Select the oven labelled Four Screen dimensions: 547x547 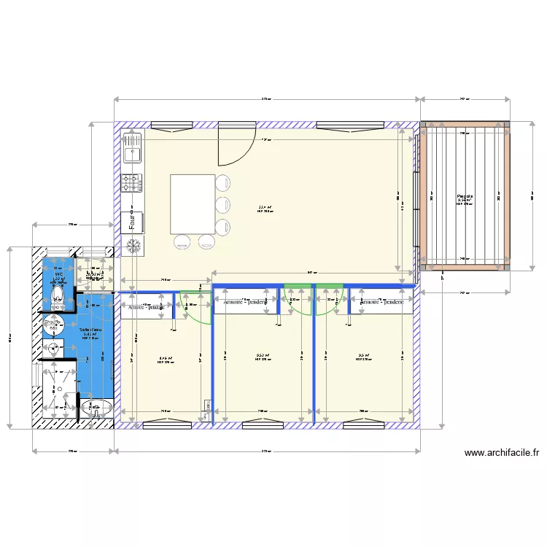[x=133, y=221]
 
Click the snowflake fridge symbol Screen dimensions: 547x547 [x=133, y=246]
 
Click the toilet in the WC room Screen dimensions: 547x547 [x=57, y=295]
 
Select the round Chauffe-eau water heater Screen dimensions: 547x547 [x=53, y=327]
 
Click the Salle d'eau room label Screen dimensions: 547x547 [x=90, y=330]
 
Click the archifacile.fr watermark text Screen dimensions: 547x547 [x=503, y=453]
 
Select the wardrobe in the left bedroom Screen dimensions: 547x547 [x=147, y=308]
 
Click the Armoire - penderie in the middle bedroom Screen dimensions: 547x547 [x=244, y=302]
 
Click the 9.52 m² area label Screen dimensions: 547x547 [x=263, y=357]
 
